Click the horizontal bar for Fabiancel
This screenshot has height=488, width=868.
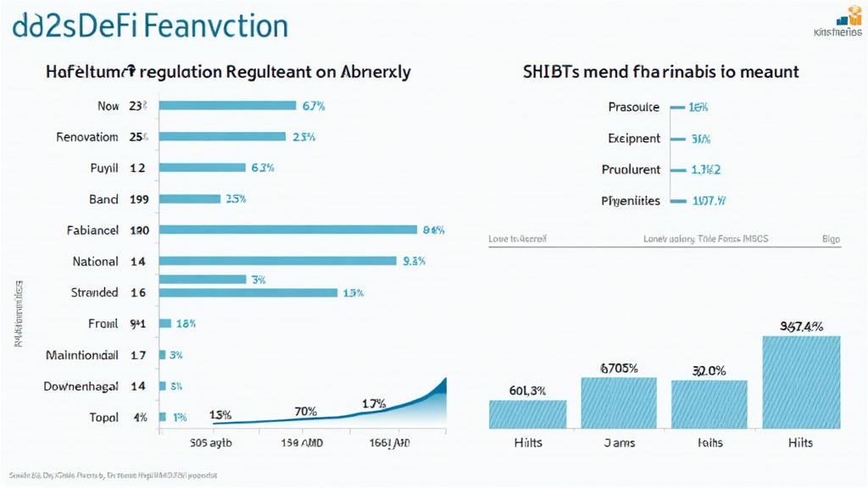click(288, 229)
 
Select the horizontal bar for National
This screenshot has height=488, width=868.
click(278, 261)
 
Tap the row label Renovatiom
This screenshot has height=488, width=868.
click(86, 136)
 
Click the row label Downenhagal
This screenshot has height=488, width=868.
click(81, 386)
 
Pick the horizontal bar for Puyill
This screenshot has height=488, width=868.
click(203, 168)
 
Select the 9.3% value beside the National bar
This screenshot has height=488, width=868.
click(414, 262)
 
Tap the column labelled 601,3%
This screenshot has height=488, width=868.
click(527, 413)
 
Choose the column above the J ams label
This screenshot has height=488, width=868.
click(619, 402)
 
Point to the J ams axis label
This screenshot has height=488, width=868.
click(619, 443)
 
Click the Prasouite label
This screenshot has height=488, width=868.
click(633, 108)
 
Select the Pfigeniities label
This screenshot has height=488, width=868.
click(630, 202)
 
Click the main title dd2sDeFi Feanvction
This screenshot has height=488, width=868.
click(151, 25)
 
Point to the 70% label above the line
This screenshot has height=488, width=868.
click(305, 412)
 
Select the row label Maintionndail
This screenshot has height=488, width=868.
click(81, 356)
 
